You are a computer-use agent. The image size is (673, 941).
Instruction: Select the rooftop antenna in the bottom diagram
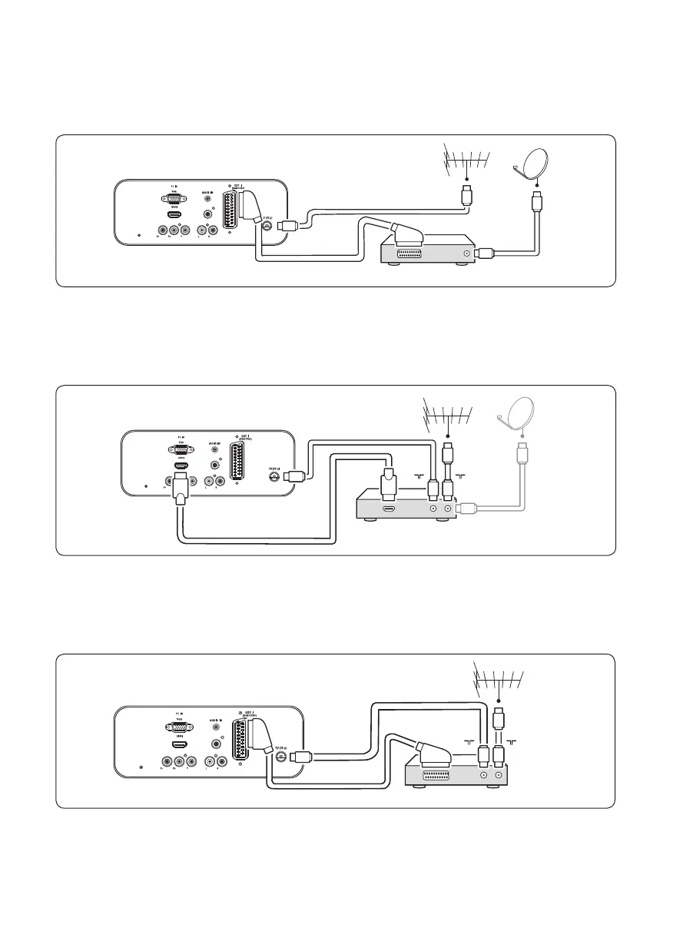(499, 681)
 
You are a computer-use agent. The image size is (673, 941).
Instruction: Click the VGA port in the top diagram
(174, 197)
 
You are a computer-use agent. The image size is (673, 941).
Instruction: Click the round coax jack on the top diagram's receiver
(466, 253)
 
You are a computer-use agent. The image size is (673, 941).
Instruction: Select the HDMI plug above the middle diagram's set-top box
(388, 482)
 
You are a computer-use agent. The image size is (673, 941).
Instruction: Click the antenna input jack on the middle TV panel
(273, 476)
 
